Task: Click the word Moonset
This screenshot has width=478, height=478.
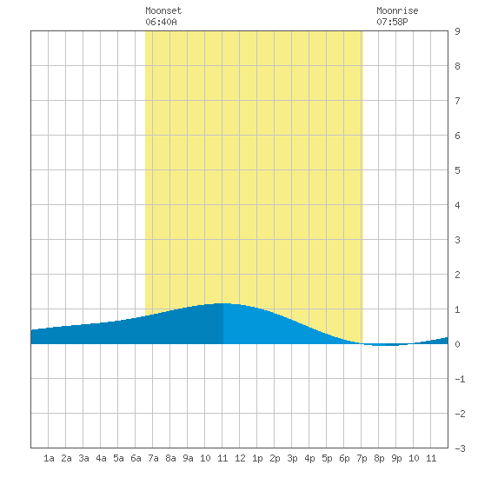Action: coord(163,10)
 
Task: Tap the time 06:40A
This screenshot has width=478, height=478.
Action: coord(161,22)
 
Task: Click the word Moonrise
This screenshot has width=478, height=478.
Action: coord(397,10)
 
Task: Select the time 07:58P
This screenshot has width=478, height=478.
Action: coord(392,22)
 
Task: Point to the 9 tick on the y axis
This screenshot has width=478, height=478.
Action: coord(457,31)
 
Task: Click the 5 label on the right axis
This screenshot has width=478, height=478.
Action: coord(457,170)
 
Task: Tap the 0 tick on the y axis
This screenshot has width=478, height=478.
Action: coord(457,344)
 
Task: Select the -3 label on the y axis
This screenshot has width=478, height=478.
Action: coord(460,448)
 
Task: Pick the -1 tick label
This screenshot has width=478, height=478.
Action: coord(460,379)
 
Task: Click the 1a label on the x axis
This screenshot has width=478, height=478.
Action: coord(49,458)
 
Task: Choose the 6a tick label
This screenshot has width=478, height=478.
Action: coord(136,458)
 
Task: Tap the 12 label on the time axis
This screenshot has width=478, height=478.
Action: coord(240,458)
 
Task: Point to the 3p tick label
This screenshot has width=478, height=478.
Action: coord(292,458)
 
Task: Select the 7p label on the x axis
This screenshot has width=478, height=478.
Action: coord(362,458)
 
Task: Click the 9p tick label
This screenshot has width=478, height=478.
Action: coord(396,458)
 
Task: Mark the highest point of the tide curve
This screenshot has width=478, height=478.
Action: coord(223,303)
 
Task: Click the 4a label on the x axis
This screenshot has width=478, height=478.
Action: coord(101,458)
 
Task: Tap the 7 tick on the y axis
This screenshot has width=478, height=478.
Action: coord(457,101)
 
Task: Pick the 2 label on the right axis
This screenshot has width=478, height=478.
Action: coord(457,275)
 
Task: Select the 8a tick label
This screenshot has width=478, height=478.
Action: coord(170,458)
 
